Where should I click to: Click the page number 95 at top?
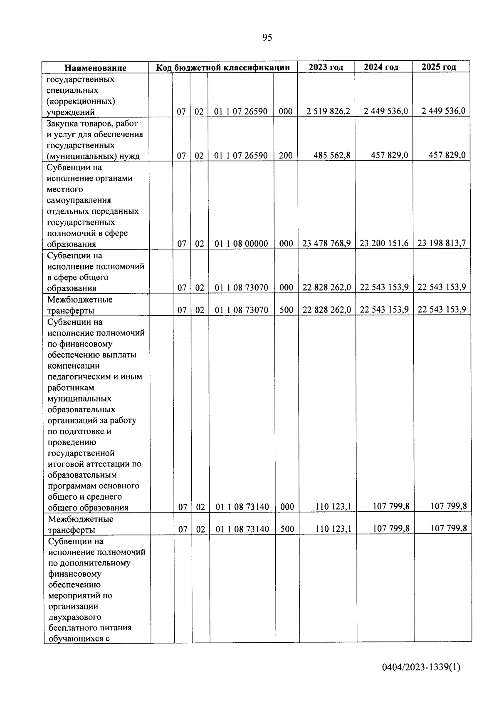(x=267, y=38)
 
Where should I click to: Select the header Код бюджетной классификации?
(x=223, y=67)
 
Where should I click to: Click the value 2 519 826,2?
(x=328, y=111)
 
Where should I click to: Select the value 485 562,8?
(x=331, y=156)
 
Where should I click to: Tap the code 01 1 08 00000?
(x=241, y=244)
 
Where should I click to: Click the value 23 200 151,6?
(x=384, y=243)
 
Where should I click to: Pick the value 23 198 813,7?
(x=441, y=243)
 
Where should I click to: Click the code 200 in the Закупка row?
(x=286, y=156)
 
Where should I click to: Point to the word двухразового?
(x=74, y=617)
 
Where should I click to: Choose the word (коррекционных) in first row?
(x=81, y=101)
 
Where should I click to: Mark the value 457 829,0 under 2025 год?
(x=447, y=155)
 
